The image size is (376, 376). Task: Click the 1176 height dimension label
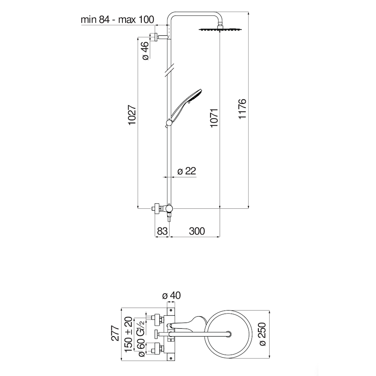[243, 108]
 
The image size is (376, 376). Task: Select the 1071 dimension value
[214, 118]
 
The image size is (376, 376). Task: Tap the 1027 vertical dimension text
[132, 115]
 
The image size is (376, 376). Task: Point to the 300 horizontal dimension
[197, 231]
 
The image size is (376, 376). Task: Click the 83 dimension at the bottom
[162, 231]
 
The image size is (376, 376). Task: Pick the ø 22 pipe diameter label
[187, 171]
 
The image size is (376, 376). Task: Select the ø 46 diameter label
[145, 51]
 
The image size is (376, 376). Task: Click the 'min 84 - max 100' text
[117, 20]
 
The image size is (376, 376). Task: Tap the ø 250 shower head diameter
[262, 334]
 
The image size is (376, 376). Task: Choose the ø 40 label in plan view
[171, 296]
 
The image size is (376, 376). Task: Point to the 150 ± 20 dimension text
[129, 334]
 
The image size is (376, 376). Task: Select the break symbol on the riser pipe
[169, 70]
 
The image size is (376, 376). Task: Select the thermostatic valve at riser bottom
[164, 210]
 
